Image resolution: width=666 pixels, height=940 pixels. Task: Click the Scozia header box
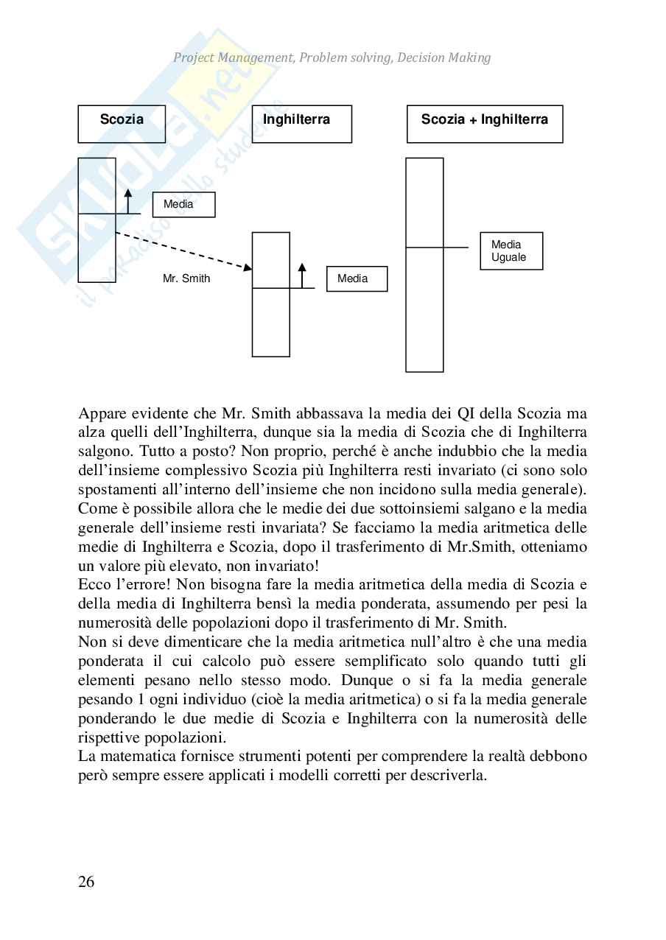tap(122, 124)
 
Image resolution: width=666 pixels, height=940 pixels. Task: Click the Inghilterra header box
tap(301, 124)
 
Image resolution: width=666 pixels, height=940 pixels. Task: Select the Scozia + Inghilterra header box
tap(484, 124)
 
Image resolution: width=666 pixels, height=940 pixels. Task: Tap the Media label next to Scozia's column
tap(183, 205)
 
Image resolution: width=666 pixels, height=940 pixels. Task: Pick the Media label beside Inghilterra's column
tap(357, 279)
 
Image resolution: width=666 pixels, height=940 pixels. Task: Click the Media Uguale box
tap(511, 251)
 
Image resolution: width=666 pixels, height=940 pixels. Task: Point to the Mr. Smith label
tap(186, 278)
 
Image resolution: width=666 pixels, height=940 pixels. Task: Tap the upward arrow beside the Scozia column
tap(127, 201)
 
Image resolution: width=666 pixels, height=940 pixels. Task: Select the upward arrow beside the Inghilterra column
tap(301, 275)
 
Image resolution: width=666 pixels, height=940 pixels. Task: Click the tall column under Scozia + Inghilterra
tap(424, 309)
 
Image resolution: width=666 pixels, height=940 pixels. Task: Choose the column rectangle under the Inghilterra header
tap(271, 324)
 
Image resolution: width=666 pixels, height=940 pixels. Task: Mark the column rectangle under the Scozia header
tap(97, 250)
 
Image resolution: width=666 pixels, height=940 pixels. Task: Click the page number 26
tap(86, 882)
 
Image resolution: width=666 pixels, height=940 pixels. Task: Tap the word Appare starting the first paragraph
tap(101, 413)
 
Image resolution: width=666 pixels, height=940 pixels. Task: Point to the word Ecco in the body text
tap(93, 585)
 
